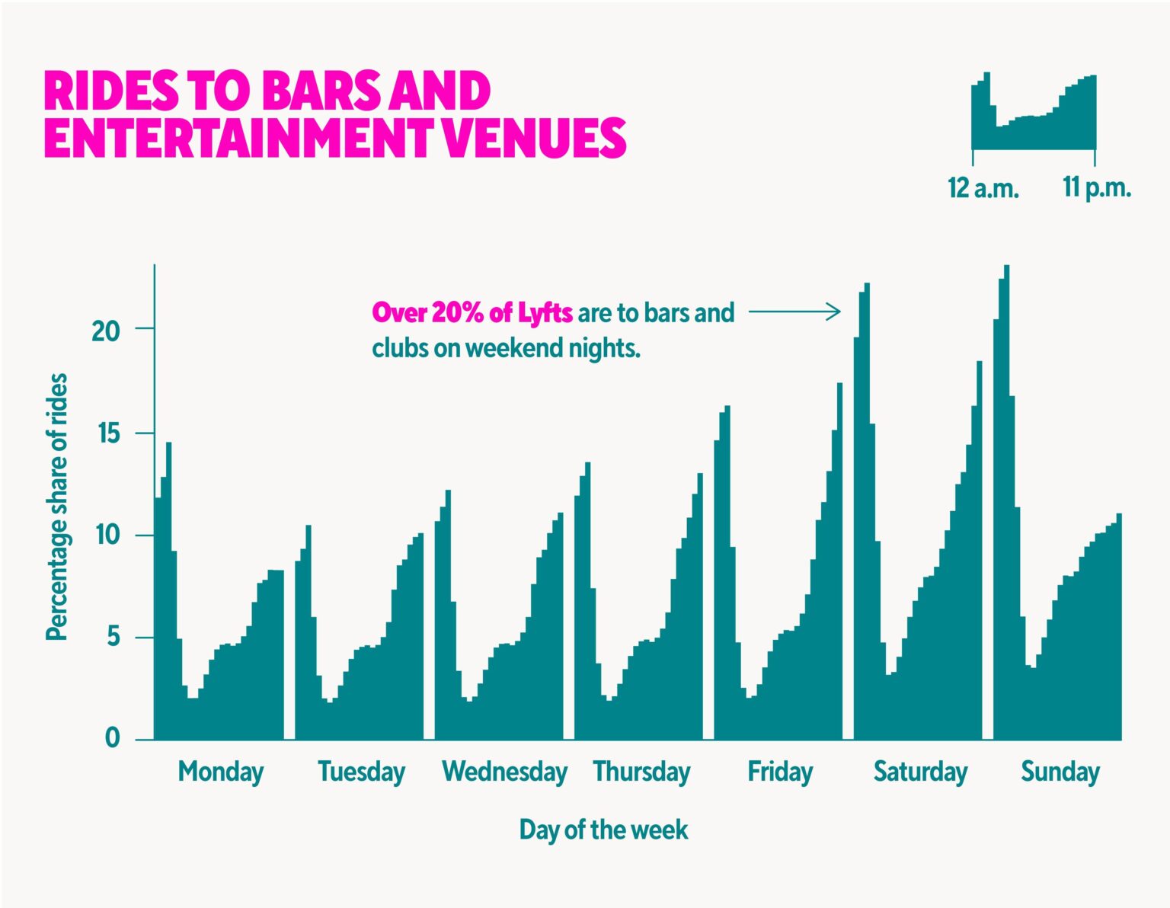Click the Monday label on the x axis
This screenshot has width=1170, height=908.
pos(220,772)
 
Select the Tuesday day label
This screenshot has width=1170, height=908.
pos(361,772)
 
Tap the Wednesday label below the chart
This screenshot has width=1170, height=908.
pos(504,772)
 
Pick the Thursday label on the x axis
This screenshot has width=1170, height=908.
pos(641,772)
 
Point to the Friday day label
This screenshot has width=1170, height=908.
pos(780,772)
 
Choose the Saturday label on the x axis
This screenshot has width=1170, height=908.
pos(920,772)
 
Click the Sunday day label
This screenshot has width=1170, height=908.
pos(1060,772)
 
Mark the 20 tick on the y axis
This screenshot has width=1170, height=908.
pos(107,331)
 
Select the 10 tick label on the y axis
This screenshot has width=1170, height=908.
pos(107,536)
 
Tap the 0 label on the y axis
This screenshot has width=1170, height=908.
pos(113,738)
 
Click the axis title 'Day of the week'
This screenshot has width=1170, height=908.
pos(603,830)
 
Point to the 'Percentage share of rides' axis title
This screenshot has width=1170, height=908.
pos(57,507)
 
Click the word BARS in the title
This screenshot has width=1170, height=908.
pos(320,91)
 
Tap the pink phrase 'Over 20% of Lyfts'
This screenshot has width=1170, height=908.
pos(472,313)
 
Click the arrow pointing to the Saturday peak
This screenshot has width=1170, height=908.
pos(794,312)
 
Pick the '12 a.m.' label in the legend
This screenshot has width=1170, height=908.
pos(983,187)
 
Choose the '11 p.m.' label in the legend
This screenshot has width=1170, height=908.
pos(1097,187)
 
